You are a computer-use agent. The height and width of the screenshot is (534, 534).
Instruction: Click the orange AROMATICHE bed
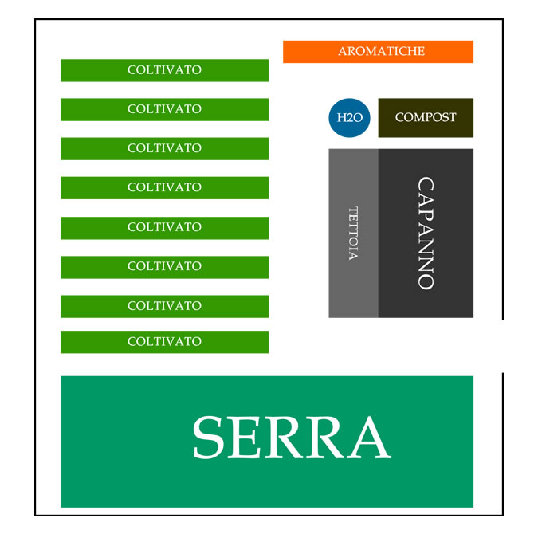pos(378,51)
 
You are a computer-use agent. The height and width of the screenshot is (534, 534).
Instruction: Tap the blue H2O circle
pos(350,118)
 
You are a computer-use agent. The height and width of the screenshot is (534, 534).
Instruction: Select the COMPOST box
pos(426,118)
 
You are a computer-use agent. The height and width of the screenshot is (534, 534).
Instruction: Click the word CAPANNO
pos(426,233)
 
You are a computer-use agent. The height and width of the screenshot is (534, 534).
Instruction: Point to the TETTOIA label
pos(353,233)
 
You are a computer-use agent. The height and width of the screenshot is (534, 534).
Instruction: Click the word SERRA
pos(291,438)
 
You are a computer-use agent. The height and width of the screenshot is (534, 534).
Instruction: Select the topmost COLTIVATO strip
pos(164,70)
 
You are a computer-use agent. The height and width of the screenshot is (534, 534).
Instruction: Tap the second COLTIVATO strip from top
pos(164,109)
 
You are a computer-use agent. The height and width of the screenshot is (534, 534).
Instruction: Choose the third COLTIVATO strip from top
pos(164,148)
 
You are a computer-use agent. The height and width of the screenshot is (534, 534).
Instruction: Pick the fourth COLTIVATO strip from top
pos(164,187)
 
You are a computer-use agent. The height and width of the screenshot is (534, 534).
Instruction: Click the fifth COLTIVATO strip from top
pos(164,227)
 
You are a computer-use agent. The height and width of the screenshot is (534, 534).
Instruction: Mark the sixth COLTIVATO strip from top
pos(164,266)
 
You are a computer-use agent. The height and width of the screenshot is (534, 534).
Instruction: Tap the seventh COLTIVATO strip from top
pos(164,306)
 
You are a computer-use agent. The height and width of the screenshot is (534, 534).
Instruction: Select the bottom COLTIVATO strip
pos(164,342)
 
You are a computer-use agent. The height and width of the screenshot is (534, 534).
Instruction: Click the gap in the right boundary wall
pos(503,345)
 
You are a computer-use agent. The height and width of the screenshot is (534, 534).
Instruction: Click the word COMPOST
pos(426,117)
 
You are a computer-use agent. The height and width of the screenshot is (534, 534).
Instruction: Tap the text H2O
pos(350,118)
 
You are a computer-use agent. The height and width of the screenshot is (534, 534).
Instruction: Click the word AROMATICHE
pos(381,51)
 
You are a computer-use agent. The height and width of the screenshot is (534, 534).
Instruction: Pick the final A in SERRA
pos(367,438)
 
